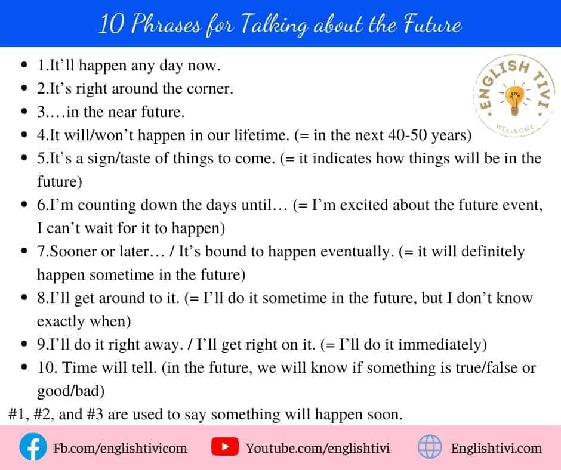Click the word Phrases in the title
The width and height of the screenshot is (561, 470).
pos(166,24)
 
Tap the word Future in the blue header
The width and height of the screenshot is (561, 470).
pos(433,24)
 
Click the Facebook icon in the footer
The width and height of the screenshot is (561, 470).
pos(33,447)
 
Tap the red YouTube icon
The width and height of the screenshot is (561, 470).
pos(224,446)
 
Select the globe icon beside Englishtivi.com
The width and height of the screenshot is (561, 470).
pos(430,447)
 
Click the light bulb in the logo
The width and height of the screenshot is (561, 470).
pos(514,100)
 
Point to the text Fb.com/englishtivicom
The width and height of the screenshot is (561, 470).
pos(120,448)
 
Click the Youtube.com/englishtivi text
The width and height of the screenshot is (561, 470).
pos(318,448)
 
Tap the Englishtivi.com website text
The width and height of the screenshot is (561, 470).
pos(496,448)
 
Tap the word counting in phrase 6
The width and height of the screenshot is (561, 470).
pos(107,205)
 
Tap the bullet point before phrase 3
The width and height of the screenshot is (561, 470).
pos(24,112)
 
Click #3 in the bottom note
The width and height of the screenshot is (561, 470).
pos(95,414)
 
